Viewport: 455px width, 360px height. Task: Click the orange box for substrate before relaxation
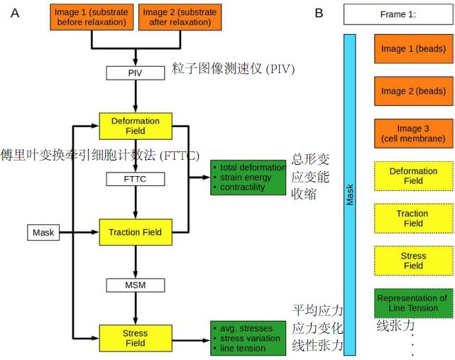pyautogui.click(x=92, y=17)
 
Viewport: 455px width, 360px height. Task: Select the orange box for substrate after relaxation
pyautogui.click(x=180, y=17)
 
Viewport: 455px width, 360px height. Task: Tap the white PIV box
pyautogui.click(x=135, y=72)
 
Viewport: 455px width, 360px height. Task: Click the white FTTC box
pyautogui.click(x=135, y=179)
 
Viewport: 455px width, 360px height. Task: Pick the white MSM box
pyautogui.click(x=135, y=285)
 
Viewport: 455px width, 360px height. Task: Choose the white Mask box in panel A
pyautogui.click(x=43, y=232)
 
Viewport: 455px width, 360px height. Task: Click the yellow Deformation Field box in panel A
pyautogui.click(x=135, y=126)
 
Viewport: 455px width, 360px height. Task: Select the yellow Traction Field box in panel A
pyautogui.click(x=135, y=232)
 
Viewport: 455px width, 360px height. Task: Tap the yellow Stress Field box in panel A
pyautogui.click(x=135, y=338)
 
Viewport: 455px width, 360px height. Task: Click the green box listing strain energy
pyautogui.click(x=248, y=178)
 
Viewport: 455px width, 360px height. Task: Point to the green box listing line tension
pyautogui.click(x=248, y=338)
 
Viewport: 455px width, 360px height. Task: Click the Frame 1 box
pyautogui.click(x=398, y=13)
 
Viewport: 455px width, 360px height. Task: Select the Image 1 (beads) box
pyautogui.click(x=413, y=49)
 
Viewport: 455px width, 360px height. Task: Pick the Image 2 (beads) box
pyautogui.click(x=413, y=91)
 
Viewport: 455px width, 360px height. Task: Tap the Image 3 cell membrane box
pyautogui.click(x=413, y=133)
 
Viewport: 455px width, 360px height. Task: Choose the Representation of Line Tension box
pyautogui.click(x=413, y=303)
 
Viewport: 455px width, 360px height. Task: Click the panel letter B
pyautogui.click(x=319, y=13)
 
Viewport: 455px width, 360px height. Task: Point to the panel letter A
pyautogui.click(x=15, y=13)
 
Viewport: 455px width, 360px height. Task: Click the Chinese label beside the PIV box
pyautogui.click(x=233, y=70)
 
